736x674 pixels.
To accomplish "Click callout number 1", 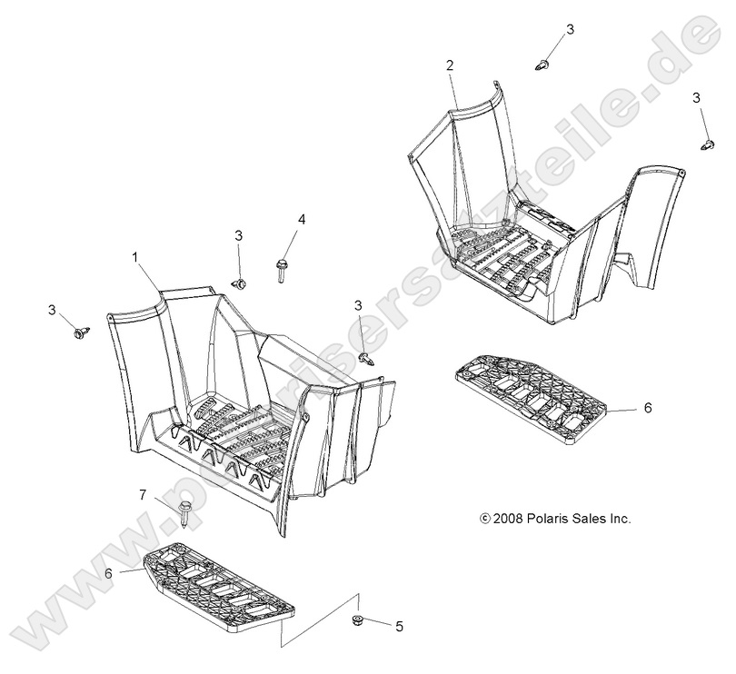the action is pos(135,258).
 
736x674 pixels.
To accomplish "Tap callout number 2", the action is pos(450,65).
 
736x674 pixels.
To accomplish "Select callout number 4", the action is pos(301,219).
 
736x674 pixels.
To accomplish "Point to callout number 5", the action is pos(400,627).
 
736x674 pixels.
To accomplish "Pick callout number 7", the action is pos(143,495).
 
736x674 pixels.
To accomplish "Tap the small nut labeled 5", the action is pos(357,620).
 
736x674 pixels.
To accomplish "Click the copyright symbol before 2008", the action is pos(485,519).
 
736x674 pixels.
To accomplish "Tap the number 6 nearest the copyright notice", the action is pos(648,408).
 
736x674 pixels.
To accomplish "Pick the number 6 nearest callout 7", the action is pos(108,573).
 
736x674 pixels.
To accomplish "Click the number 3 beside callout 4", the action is pos(238,235).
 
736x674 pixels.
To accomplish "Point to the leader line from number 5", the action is pos(377,622).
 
